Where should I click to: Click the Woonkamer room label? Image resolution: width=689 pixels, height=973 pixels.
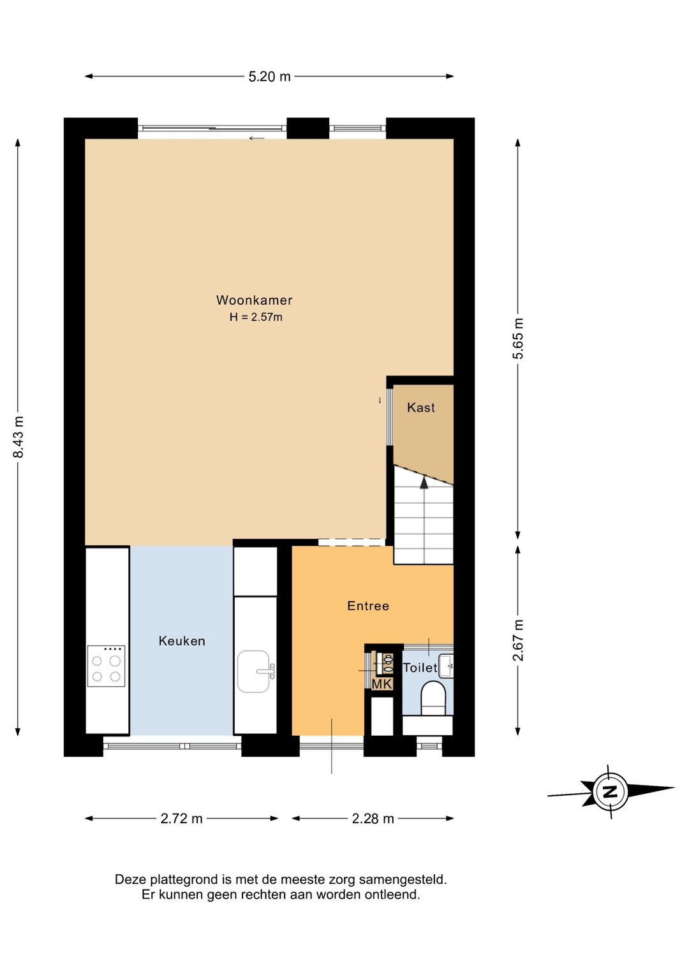(255, 300)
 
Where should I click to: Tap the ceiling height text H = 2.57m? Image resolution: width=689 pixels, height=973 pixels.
(256, 317)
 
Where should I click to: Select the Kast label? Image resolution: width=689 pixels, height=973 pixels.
(421, 407)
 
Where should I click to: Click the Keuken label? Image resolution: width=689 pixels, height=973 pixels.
(182, 641)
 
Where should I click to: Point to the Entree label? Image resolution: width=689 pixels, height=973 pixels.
(368, 606)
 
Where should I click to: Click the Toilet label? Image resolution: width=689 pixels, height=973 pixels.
(420, 667)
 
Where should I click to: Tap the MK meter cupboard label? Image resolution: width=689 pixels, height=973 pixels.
(382, 684)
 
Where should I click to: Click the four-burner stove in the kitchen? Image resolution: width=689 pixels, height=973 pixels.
(106, 666)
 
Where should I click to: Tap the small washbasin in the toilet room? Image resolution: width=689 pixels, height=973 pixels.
(445, 666)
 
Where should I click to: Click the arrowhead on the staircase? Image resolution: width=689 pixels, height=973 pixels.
(424, 482)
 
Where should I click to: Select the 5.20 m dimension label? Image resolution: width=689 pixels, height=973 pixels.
(269, 77)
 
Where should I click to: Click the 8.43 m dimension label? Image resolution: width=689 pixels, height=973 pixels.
(19, 437)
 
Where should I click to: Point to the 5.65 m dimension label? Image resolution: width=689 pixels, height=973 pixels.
(518, 339)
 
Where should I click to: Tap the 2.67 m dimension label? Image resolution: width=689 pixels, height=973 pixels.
(518, 640)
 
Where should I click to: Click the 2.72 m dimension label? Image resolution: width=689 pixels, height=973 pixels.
(182, 819)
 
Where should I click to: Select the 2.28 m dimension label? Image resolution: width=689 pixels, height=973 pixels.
(373, 819)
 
